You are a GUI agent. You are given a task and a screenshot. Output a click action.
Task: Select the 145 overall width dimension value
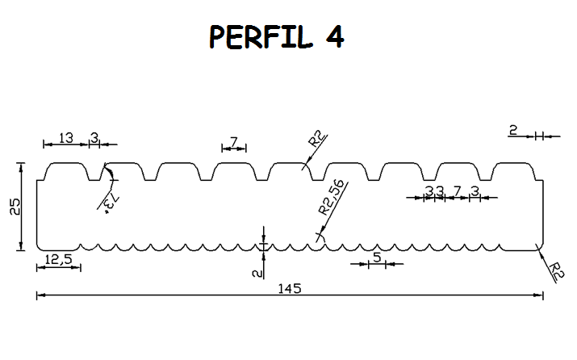coord(287,288)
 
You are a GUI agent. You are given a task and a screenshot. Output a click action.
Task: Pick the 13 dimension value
coord(66,138)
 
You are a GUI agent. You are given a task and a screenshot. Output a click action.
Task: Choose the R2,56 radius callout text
coord(332,197)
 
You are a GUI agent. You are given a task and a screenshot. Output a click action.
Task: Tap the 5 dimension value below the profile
coord(376,257)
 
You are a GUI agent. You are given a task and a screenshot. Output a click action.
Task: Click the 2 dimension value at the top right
coord(512,129)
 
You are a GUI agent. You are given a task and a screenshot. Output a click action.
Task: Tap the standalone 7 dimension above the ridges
coord(234,141)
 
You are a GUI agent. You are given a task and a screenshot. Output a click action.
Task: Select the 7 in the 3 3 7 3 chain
coord(457,190)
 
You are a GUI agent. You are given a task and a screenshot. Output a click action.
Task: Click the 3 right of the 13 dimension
coord(94,138)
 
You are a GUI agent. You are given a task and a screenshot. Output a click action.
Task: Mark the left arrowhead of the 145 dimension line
coord(40,296)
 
